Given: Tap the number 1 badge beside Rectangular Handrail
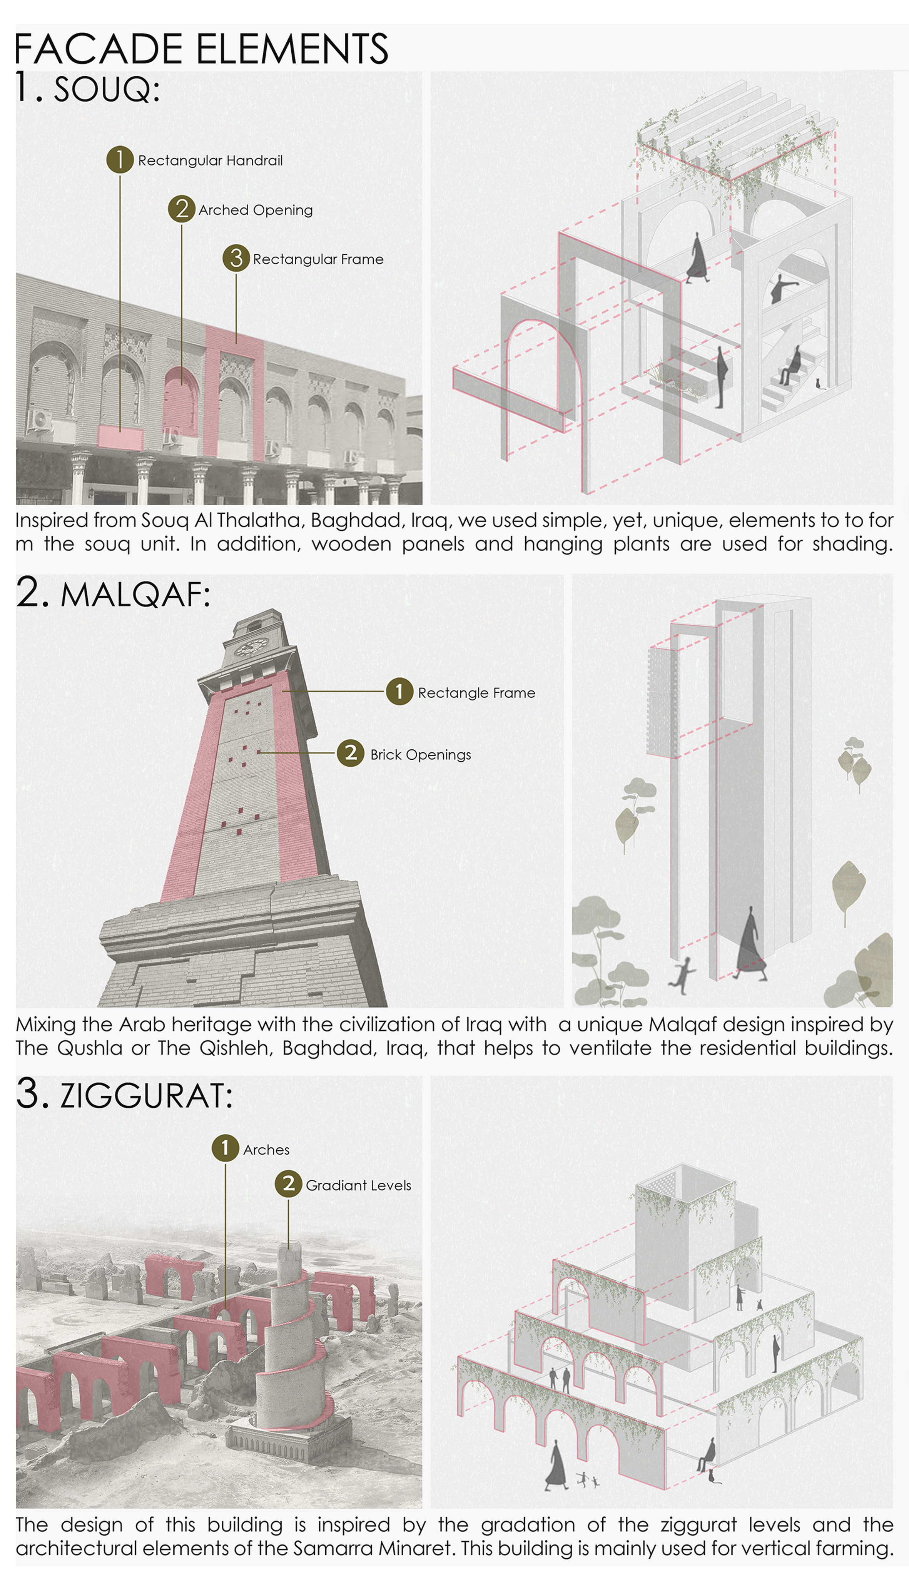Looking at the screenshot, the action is (120, 160).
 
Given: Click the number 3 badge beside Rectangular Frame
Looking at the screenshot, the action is (236, 258).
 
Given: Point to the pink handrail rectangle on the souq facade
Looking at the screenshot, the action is (120, 438).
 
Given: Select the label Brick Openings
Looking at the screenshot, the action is (421, 755).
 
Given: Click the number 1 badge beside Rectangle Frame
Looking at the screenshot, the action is (399, 692).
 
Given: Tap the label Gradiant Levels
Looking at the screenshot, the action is (358, 1186).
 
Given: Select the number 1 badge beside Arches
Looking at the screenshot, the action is (226, 1148).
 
